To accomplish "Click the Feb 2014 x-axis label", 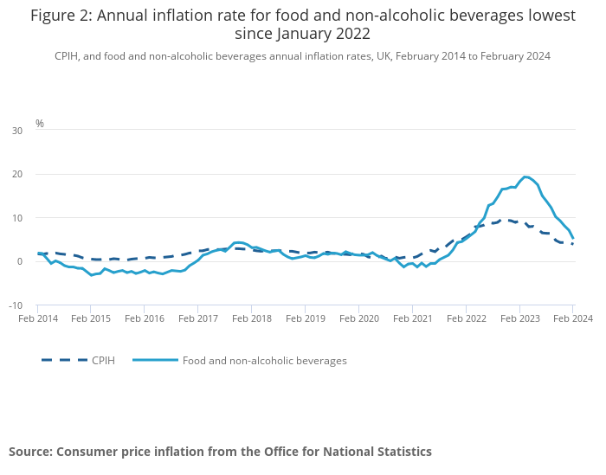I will tap(37, 319).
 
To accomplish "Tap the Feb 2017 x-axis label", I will tap(197, 319).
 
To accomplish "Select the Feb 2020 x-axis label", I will tap(358, 319).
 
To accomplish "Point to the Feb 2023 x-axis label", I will tap(519, 319).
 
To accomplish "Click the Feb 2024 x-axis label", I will tap(572, 319).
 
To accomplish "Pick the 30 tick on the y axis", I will tap(17, 131).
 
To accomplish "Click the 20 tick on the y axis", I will tap(17, 174).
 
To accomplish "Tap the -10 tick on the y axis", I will tap(16, 305).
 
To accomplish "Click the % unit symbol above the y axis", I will tap(40, 124).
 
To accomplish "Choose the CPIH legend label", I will tap(103, 361).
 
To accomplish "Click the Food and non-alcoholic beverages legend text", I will tap(264, 361).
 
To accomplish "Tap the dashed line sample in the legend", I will tap(64, 360).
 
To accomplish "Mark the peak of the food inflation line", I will tap(525, 177).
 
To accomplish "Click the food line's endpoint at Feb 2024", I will tap(573, 238).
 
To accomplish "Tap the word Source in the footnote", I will tap(31, 452).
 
